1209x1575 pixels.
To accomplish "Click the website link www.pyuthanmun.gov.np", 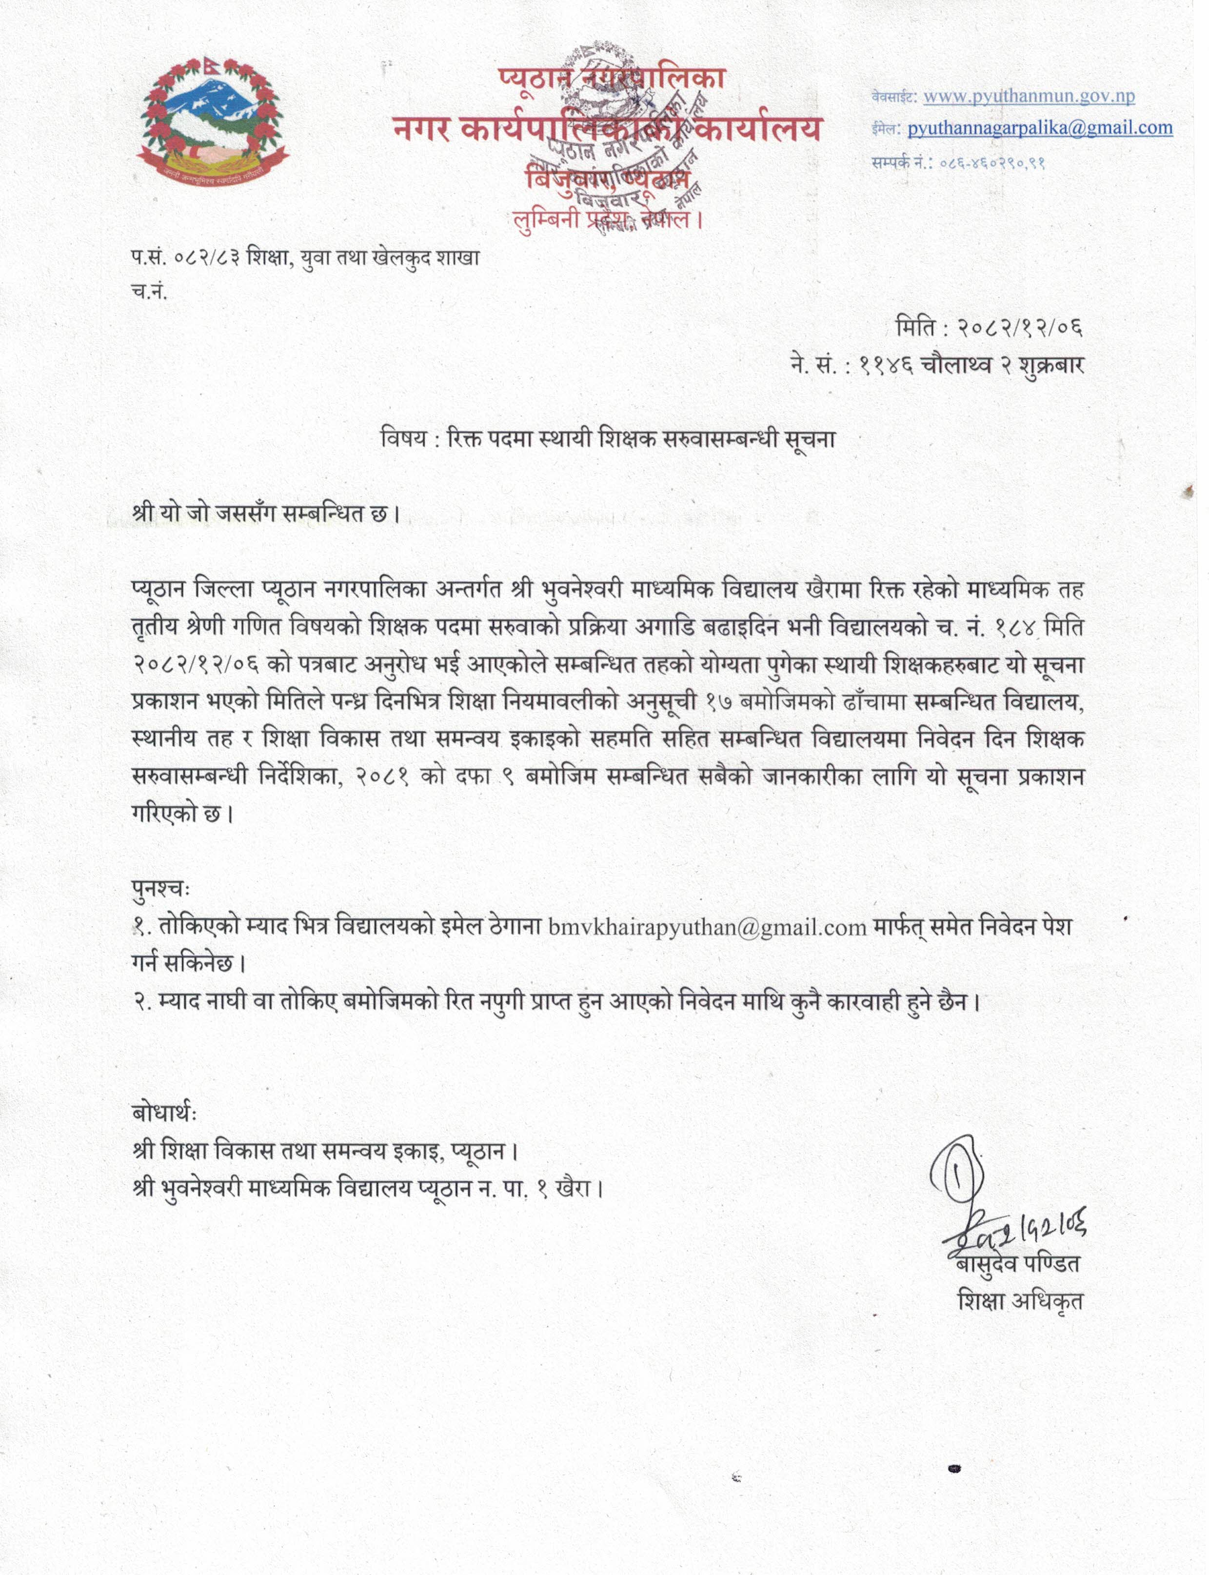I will (1029, 96).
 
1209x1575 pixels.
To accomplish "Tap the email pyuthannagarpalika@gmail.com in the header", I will (1040, 128).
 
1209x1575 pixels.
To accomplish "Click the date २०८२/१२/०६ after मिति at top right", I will (1020, 329).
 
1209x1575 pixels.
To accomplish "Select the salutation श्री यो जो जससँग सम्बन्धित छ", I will (265, 515).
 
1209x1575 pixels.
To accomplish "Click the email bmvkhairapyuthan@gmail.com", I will (707, 927).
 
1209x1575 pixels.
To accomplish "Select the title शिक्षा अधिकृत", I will (1020, 1301).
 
